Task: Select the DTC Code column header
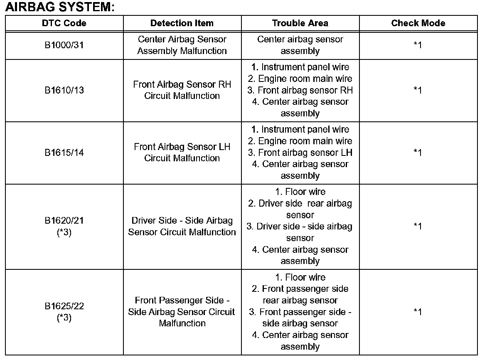(64, 23)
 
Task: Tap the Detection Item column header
(182, 23)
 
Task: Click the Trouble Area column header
(300, 23)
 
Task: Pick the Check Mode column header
(418, 23)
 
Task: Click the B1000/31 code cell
(64, 45)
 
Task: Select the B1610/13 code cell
(64, 90)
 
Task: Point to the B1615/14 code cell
(64, 153)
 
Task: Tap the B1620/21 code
(64, 221)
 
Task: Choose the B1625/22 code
(64, 306)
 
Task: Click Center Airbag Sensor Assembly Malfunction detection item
(182, 45)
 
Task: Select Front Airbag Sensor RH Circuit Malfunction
(182, 90)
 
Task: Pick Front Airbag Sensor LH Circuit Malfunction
(182, 153)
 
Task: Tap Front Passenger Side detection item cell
(182, 312)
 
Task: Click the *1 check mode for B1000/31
(418, 45)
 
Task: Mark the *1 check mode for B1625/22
(418, 312)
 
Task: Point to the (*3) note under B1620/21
(64, 232)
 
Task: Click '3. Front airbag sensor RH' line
(300, 90)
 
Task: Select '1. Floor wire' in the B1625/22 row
(300, 277)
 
